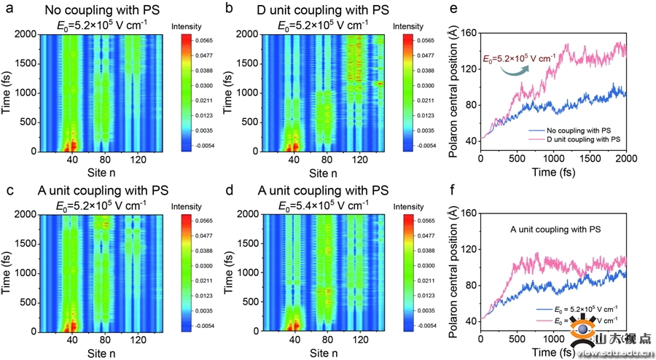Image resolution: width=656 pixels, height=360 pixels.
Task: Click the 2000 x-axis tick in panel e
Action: (x=625, y=158)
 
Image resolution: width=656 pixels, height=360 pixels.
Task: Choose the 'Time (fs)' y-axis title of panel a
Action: (x=7, y=93)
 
